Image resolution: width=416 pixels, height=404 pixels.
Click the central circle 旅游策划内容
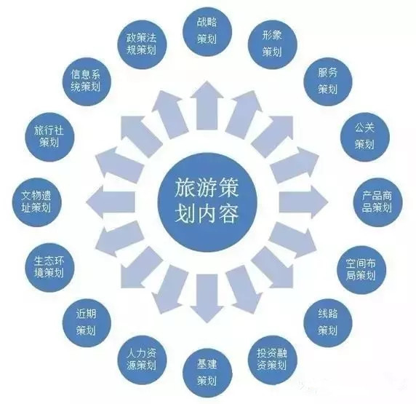(207, 202)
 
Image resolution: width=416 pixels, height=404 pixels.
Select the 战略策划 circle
(207, 32)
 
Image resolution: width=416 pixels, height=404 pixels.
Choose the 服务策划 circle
(328, 81)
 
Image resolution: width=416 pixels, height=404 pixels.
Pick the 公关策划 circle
(365, 137)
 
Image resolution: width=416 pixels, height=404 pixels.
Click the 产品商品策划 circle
(377, 202)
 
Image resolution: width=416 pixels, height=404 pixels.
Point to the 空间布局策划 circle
(361, 269)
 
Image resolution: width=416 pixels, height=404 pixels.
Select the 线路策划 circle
(328, 322)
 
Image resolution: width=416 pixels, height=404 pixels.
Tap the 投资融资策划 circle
(273, 360)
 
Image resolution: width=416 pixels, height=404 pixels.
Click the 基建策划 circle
(207, 373)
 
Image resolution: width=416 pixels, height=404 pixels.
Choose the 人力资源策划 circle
(142, 360)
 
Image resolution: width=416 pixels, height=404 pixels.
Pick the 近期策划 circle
(87, 322)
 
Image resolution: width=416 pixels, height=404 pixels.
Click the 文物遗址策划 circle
(36, 202)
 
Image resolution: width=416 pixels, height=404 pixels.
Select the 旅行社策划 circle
(49, 137)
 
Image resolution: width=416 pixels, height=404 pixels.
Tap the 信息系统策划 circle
(87, 81)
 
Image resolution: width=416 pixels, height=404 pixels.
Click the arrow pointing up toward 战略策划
(207, 106)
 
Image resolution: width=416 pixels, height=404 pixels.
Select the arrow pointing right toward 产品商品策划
(303, 202)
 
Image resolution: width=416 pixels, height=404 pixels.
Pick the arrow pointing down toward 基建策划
(207, 298)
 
